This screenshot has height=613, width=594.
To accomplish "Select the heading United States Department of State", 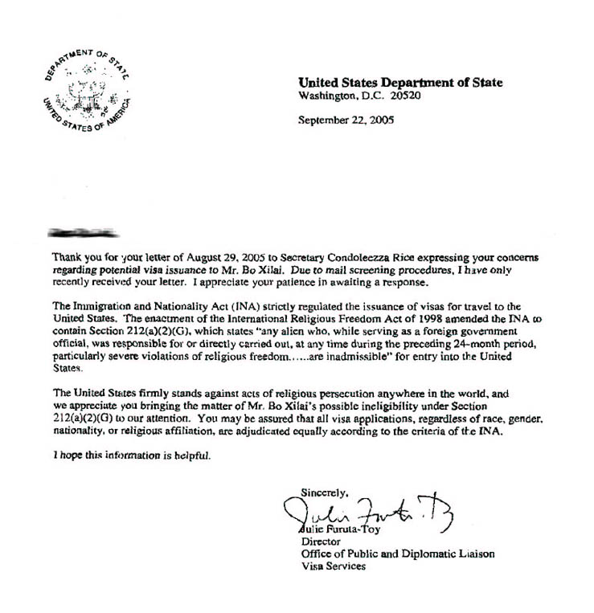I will click(400, 82).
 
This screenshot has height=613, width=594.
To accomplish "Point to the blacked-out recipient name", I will click(81, 234).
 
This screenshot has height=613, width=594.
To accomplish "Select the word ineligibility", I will click(375, 406).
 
